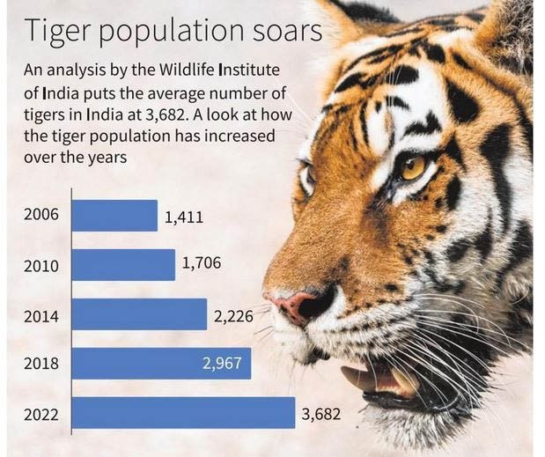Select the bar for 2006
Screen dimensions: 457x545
114,216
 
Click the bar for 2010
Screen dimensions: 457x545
122,264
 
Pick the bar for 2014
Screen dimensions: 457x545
138,314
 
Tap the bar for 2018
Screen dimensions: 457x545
160,363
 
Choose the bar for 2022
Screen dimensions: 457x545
182,412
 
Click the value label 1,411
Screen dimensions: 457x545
184,216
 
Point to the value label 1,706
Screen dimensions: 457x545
201,264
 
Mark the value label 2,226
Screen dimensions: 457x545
232,314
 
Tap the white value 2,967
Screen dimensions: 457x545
222,363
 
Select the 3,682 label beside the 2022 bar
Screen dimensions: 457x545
320,412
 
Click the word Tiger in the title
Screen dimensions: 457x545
59,33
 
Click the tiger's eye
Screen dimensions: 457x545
411,166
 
